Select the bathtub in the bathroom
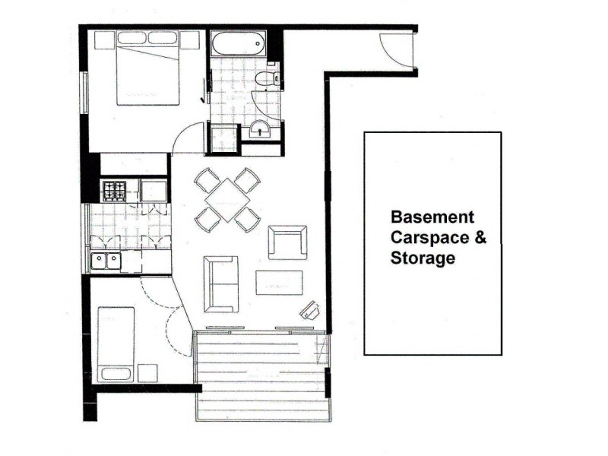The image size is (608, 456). point(238,43)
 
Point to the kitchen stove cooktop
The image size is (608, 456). point(114,191)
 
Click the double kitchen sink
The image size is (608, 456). point(106,261)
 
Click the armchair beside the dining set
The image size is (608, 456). point(288,242)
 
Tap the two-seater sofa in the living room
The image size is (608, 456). point(220,283)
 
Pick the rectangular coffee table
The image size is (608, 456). point(279,283)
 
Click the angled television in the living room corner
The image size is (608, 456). point(311,310)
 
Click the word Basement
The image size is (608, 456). point(432,217)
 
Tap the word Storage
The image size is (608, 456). point(423,258)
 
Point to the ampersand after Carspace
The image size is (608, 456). point(479,238)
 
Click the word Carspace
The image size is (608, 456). point(428,238)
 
